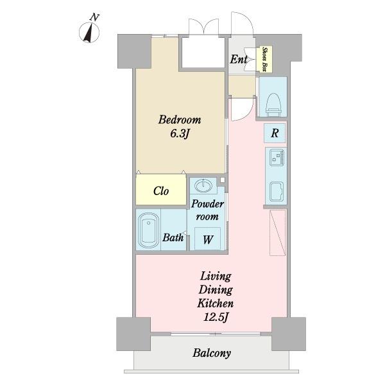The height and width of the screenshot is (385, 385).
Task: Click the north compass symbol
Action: [x=89, y=32]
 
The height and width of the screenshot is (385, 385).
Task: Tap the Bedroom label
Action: [x=180, y=120]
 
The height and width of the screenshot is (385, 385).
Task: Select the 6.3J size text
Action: [x=180, y=134]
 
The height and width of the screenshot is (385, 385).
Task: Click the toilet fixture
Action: [x=273, y=105]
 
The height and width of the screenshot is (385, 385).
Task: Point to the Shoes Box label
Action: [x=264, y=59]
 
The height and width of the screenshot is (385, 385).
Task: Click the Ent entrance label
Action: [x=238, y=59]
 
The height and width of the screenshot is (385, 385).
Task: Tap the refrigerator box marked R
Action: [x=275, y=133]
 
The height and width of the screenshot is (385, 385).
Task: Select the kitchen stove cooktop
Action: [x=277, y=158]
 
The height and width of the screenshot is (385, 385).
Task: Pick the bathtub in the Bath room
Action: [x=148, y=230]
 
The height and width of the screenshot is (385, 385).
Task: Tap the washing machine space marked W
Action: [x=208, y=239]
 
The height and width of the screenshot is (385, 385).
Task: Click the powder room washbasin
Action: [x=203, y=185]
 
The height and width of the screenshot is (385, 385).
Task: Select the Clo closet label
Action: [x=161, y=191]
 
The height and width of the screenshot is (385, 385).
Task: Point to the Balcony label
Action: [x=212, y=353]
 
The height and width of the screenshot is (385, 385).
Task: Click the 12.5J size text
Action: [x=216, y=317]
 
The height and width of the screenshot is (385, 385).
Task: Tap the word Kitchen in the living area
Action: [x=216, y=304]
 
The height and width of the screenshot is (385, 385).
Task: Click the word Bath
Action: [x=173, y=237]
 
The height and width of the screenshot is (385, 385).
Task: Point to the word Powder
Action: [x=207, y=204]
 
